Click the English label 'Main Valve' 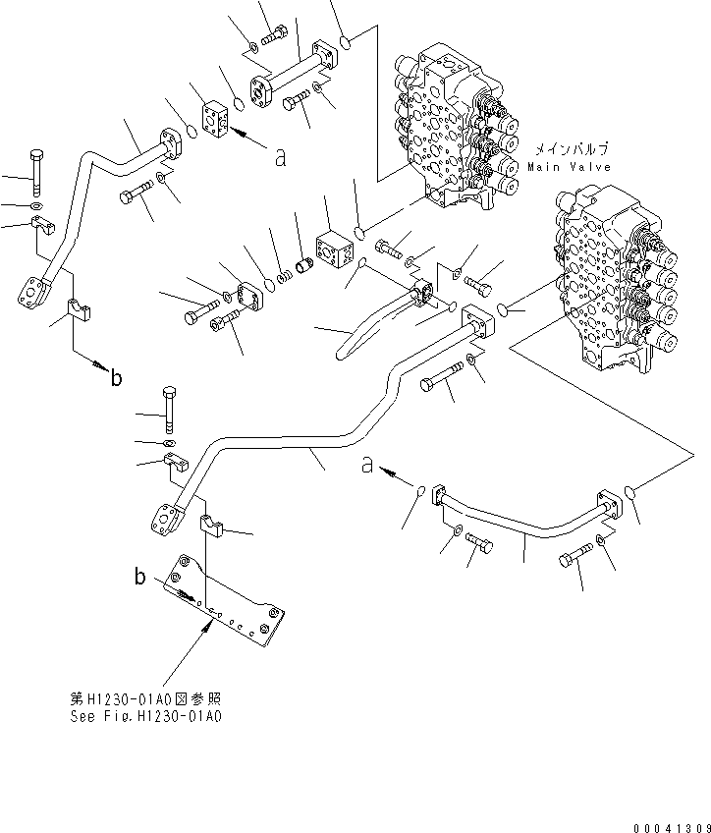coord(569,167)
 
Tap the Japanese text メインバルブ coord(571,150)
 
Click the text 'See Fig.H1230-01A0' coord(146,716)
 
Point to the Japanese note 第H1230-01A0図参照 coord(146,699)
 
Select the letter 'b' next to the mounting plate coord(140,577)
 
